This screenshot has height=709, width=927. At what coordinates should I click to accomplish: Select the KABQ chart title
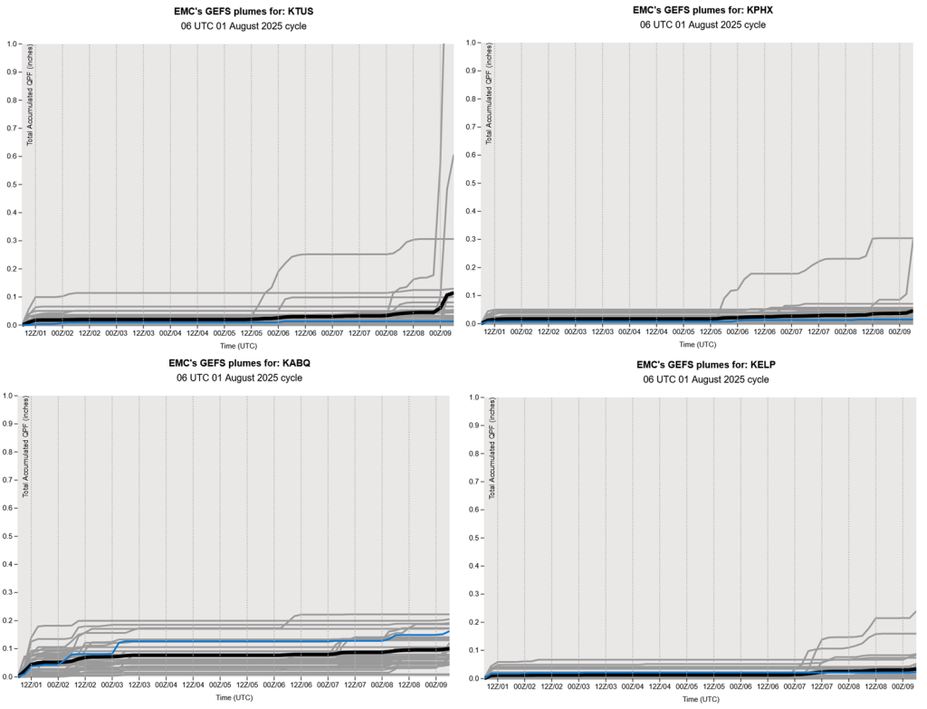(233, 363)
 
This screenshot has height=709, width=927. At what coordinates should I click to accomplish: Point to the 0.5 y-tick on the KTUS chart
(12, 184)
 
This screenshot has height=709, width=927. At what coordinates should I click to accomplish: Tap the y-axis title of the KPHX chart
(490, 93)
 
